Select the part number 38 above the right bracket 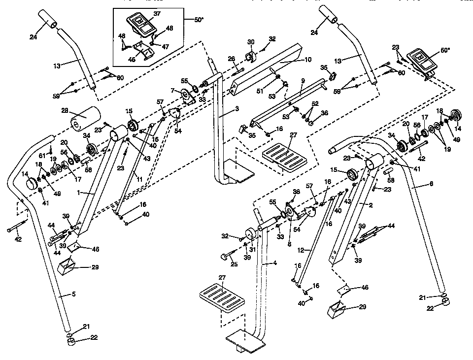(296, 192)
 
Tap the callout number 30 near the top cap (251, 41)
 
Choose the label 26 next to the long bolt (231, 60)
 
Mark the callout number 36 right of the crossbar (324, 113)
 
